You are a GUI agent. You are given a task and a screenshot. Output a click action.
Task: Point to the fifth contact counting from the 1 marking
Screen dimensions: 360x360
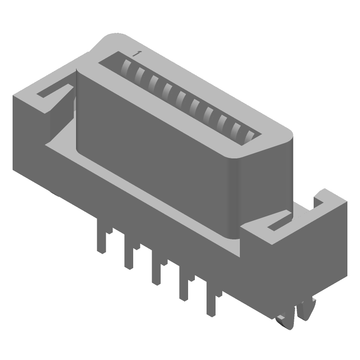pyautogui.click(x=181, y=96)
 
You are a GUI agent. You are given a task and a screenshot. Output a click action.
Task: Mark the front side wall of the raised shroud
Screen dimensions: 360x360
pyautogui.click(x=153, y=148)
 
